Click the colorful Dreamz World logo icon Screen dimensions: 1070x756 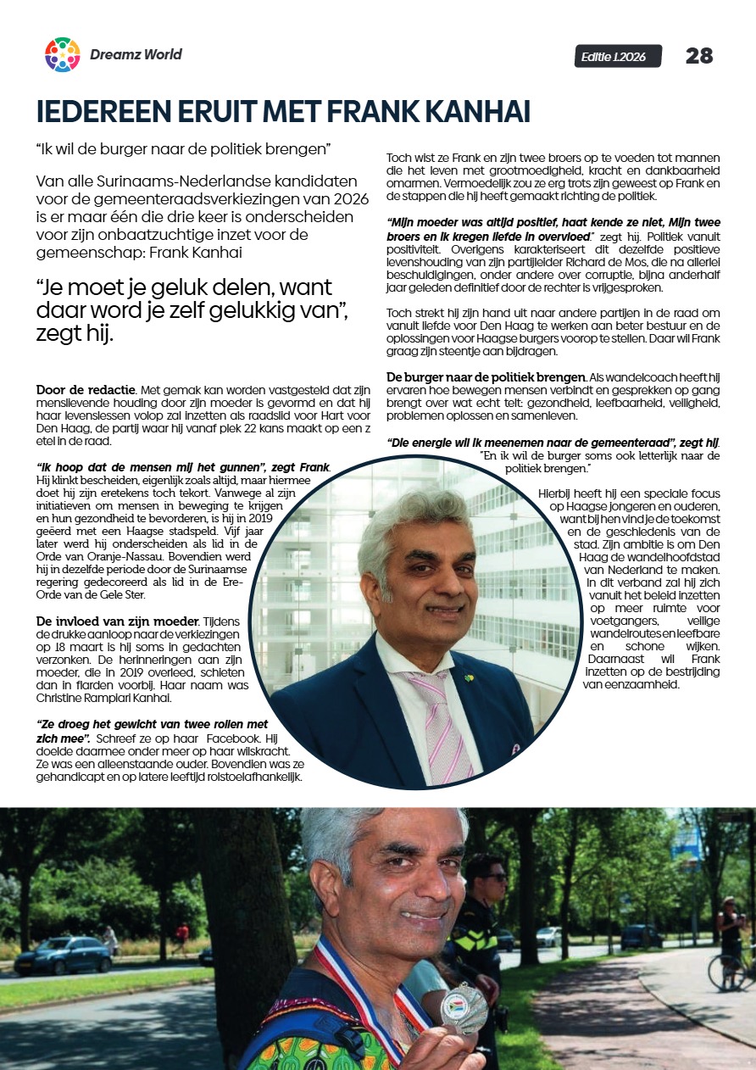pyautogui.click(x=62, y=54)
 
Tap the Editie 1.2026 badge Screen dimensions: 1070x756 pyautogui.click(x=618, y=56)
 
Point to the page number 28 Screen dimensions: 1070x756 pyautogui.click(x=699, y=56)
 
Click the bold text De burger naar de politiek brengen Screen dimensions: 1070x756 pyautogui.click(x=486, y=376)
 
